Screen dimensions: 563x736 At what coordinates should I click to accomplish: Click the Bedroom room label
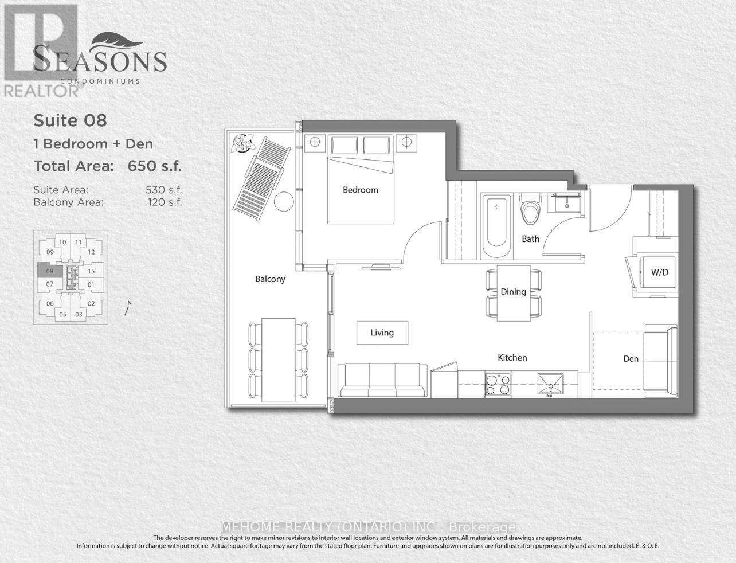click(x=361, y=190)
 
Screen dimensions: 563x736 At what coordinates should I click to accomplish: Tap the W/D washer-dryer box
click(x=659, y=272)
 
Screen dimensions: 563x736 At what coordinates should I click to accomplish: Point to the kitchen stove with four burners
click(x=498, y=384)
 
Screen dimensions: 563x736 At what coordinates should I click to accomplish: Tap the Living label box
click(x=382, y=333)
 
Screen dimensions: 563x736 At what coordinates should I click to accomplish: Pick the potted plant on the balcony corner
click(x=241, y=142)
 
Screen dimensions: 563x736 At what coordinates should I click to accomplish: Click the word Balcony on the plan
click(x=270, y=279)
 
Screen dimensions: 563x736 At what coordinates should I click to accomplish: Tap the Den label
click(x=631, y=359)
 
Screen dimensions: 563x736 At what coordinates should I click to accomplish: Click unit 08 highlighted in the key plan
click(x=50, y=271)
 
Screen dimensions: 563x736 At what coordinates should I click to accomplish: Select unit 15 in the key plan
click(x=91, y=271)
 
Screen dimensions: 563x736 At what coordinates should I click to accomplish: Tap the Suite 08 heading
click(x=71, y=120)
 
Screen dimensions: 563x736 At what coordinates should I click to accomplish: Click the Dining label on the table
click(x=513, y=292)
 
